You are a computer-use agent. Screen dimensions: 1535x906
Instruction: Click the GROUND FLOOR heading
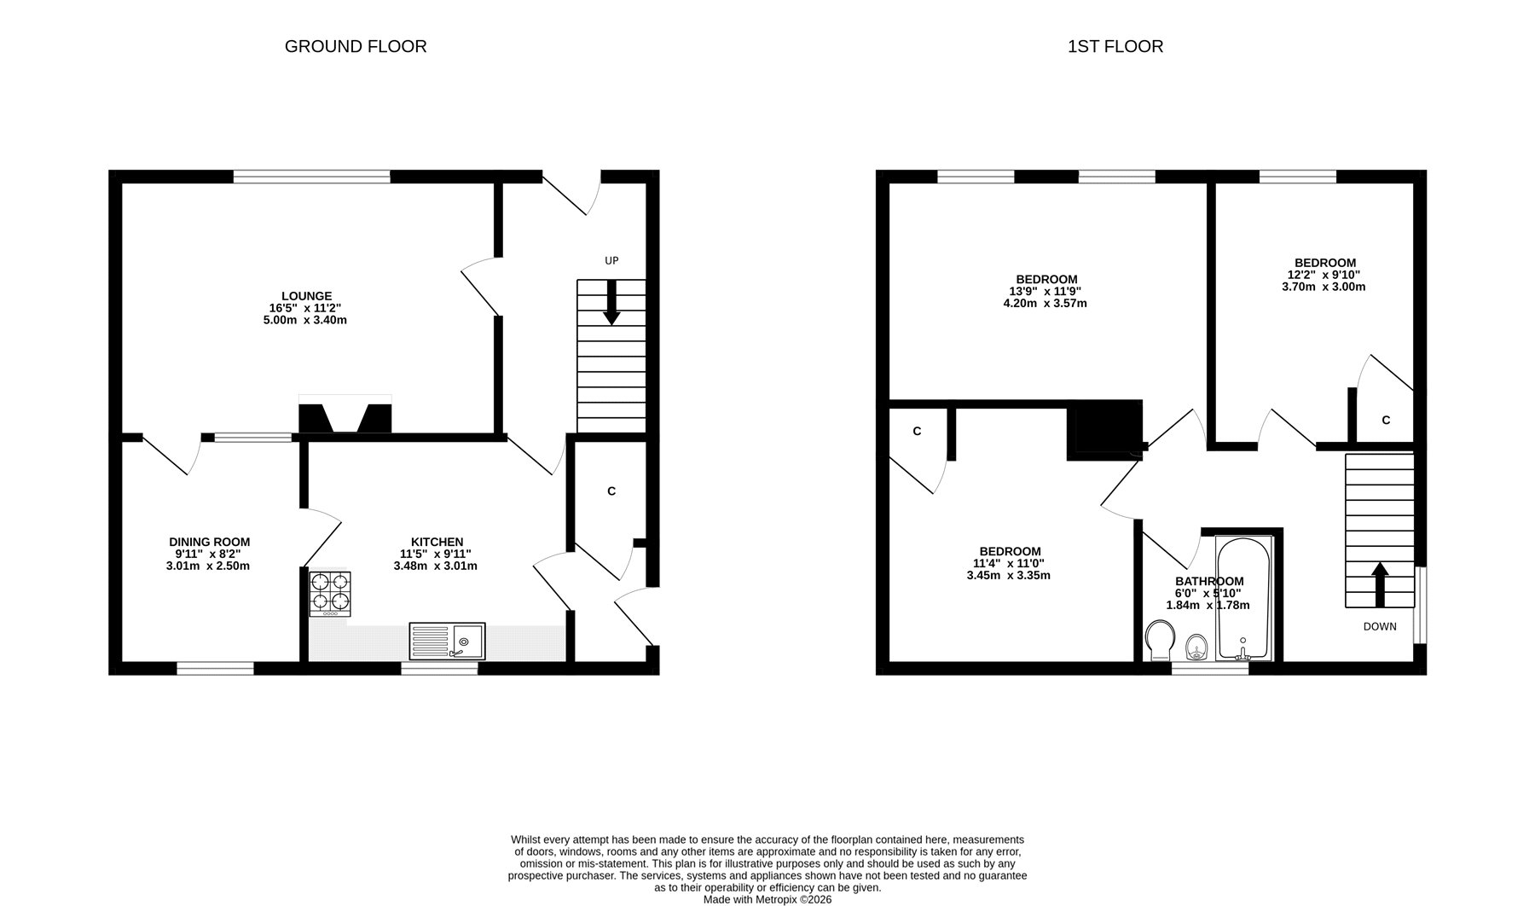click(x=356, y=47)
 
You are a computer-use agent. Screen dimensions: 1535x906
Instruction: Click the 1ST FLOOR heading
click(x=1115, y=47)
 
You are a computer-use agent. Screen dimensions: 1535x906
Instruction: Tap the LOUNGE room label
click(x=308, y=296)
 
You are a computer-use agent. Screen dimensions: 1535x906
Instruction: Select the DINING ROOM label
click(x=210, y=542)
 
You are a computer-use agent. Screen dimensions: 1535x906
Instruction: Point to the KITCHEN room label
click(x=437, y=542)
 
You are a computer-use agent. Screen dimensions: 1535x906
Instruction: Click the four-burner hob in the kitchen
click(x=330, y=594)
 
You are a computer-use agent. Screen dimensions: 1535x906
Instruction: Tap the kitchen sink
click(x=447, y=642)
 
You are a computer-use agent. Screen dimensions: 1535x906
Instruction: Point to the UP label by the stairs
click(x=611, y=261)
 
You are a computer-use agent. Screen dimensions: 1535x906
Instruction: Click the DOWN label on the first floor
click(x=1380, y=626)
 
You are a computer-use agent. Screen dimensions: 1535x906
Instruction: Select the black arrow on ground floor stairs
click(x=611, y=303)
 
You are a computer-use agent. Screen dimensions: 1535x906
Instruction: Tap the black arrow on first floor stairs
click(x=1379, y=584)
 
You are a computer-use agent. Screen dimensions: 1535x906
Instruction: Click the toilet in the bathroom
click(x=1160, y=641)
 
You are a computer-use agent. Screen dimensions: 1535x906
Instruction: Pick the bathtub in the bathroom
click(x=1244, y=598)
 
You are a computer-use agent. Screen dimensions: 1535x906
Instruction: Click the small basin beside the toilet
click(x=1197, y=648)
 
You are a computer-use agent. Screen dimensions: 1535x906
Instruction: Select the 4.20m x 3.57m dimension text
click(x=1046, y=303)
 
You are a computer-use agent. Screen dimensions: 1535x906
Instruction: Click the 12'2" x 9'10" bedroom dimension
click(x=1324, y=275)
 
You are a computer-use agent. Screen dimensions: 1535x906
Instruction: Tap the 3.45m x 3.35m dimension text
click(x=1009, y=575)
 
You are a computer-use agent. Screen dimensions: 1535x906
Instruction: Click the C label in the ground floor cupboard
click(x=611, y=491)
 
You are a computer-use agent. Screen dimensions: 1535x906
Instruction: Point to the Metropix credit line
click(x=767, y=899)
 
